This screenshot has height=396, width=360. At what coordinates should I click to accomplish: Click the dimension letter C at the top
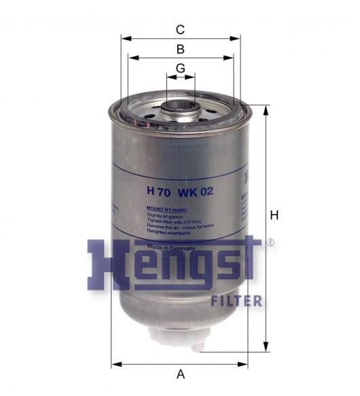point(180,29)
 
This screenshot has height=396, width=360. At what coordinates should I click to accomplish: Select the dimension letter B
point(180,49)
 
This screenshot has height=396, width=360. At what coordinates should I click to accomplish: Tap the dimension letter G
point(180,69)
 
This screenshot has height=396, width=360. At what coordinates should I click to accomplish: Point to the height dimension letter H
point(274,215)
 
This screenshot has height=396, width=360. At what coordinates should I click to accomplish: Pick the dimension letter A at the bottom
point(180,373)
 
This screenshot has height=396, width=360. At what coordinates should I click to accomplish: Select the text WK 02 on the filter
point(197,192)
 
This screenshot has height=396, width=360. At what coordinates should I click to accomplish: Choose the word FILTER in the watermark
point(236,300)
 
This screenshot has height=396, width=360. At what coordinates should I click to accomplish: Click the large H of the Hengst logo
point(109,265)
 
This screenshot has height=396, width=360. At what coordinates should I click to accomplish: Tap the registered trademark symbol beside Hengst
point(270,242)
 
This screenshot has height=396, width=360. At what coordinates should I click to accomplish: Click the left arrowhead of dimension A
point(115,362)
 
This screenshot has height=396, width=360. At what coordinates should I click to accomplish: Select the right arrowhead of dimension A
point(245,362)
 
